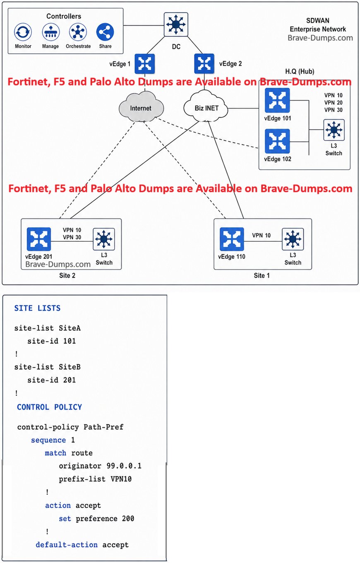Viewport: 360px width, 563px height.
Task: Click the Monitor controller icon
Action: click(23, 32)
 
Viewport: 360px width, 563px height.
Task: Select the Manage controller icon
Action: click(51, 32)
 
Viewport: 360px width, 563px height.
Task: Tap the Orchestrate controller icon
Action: click(78, 32)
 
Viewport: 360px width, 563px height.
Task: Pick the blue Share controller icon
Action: click(105, 32)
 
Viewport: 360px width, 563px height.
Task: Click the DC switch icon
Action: click(176, 24)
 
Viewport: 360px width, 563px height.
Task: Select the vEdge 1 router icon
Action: click(145, 64)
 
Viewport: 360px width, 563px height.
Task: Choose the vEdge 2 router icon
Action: click(204, 64)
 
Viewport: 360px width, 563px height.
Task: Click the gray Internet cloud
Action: click(141, 107)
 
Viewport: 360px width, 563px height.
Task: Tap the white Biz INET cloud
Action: click(206, 107)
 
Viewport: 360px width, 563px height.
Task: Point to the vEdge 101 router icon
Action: click(277, 100)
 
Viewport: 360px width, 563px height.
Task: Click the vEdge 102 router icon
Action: click(277, 141)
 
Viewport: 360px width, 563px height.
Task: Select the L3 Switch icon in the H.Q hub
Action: click(334, 130)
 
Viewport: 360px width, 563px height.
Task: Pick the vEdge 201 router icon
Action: click(39, 239)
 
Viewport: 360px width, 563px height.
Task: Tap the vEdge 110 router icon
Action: click(232, 239)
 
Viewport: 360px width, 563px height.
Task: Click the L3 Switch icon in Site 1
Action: click(293, 239)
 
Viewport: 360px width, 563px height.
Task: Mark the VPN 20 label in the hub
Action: click(333, 103)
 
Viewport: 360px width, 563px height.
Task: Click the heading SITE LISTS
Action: click(37, 308)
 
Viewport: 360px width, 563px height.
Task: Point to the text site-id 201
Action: click(51, 380)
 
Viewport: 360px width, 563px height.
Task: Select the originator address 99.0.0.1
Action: click(124, 466)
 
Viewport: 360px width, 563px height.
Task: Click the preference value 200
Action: click(128, 519)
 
